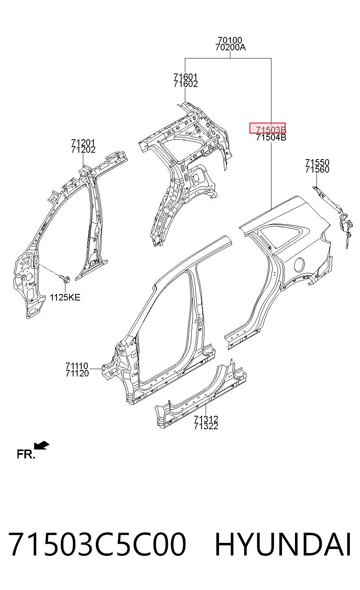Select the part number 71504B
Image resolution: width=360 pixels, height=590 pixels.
[x=271, y=137]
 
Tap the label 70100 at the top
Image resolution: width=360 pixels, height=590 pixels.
[x=230, y=40]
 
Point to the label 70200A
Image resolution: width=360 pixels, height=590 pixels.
[x=230, y=48]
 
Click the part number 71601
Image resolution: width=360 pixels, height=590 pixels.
[x=185, y=77]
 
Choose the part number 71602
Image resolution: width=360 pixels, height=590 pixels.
[x=186, y=84]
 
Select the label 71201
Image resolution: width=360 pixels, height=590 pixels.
[x=83, y=143]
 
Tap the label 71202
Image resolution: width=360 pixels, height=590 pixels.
[x=83, y=149]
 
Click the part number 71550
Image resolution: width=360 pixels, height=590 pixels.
[x=317, y=162]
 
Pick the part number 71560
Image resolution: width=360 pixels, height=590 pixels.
[x=317, y=169]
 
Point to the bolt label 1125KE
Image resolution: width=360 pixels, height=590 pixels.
[x=65, y=297]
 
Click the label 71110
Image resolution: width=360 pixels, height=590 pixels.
[x=77, y=366]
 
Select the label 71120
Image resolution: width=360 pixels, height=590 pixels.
[x=77, y=373]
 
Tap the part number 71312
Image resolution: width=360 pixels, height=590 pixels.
[x=206, y=419]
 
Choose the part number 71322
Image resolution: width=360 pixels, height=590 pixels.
[x=206, y=426]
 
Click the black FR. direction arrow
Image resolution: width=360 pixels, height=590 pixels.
[x=41, y=445]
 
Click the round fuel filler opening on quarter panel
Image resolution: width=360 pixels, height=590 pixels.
[x=299, y=265]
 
